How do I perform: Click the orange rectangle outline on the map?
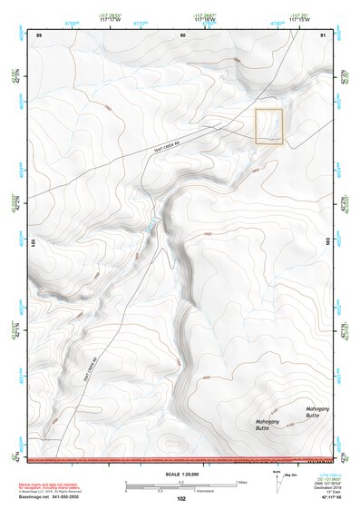click(x=269, y=126)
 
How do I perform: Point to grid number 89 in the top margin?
click(x=39, y=34)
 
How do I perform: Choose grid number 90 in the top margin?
click(x=183, y=34)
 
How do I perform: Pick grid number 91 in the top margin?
click(x=323, y=34)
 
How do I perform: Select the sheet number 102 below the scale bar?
click(x=181, y=499)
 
